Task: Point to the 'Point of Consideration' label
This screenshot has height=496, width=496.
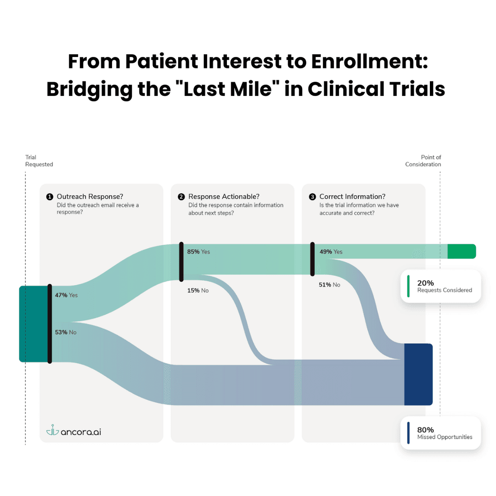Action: [423, 161]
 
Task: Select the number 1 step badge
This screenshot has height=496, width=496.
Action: [50, 197]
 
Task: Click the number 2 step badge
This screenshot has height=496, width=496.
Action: [181, 197]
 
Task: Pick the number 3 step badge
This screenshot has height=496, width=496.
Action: [312, 197]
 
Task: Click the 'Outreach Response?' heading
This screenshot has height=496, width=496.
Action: [90, 197]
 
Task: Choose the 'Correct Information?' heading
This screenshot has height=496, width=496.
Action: [352, 197]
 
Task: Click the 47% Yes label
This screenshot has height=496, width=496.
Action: [66, 295]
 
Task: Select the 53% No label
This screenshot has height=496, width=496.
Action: [66, 332]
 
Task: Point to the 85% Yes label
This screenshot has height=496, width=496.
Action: [198, 252]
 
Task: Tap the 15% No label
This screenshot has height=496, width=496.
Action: [197, 290]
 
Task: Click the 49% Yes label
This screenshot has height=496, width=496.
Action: [331, 252]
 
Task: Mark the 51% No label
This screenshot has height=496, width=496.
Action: [330, 285]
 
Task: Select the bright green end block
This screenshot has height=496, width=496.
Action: [462, 251]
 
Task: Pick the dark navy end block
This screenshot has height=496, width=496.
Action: [418, 374]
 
